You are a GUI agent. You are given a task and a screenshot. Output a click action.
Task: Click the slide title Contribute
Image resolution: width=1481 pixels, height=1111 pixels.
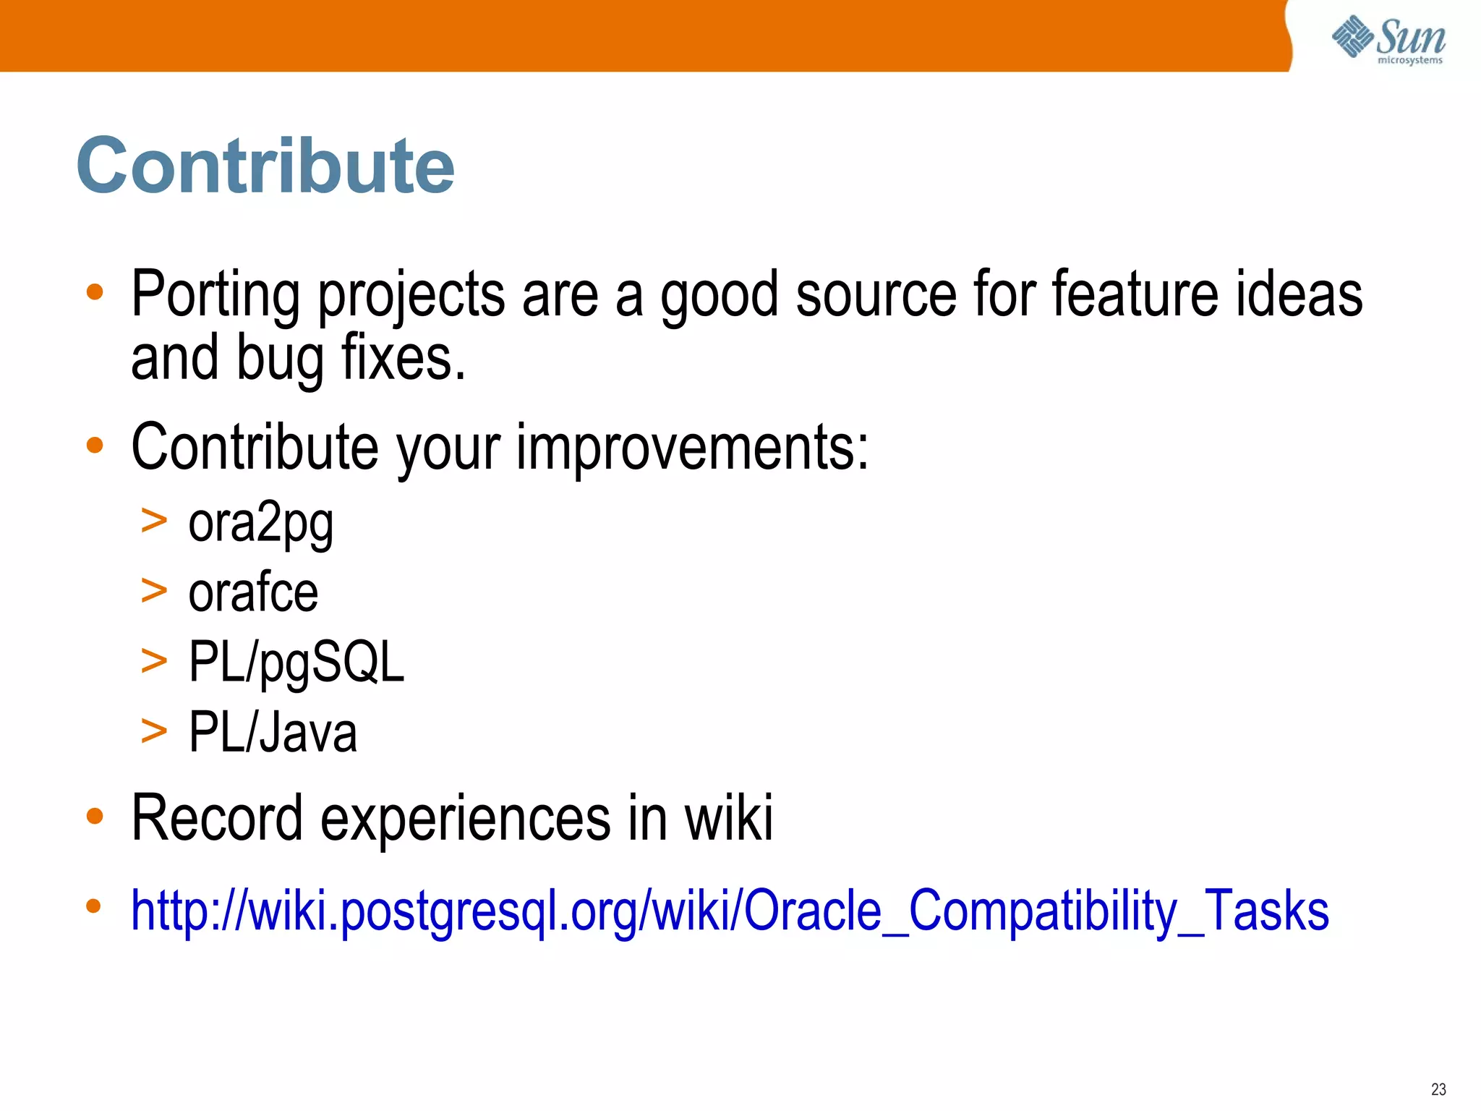click(265, 166)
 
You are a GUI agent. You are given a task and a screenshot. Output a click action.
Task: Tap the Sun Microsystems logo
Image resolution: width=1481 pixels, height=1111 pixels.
click(1388, 40)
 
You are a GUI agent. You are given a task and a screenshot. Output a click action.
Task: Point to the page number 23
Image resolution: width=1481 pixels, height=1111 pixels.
click(1438, 1089)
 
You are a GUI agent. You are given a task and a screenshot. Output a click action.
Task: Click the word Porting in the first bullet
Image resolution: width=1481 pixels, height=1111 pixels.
click(215, 295)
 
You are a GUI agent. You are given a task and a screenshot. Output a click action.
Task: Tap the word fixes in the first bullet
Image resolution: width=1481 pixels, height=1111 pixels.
click(403, 358)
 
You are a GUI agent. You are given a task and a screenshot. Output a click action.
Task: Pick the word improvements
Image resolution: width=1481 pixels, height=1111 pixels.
click(692, 447)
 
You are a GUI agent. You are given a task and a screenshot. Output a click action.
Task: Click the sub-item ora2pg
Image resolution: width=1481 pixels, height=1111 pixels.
click(260, 524)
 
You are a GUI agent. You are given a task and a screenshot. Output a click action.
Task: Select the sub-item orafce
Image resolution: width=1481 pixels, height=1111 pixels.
click(253, 592)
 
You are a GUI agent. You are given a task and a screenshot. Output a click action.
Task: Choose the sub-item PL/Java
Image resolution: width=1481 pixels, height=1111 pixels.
click(273, 732)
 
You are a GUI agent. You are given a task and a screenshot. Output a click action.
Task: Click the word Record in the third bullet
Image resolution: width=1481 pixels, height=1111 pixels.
click(217, 818)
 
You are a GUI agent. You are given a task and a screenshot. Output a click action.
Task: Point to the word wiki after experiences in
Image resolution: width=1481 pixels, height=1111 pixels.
click(729, 818)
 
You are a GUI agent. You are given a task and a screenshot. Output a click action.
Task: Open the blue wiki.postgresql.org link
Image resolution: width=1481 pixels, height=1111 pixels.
click(730, 911)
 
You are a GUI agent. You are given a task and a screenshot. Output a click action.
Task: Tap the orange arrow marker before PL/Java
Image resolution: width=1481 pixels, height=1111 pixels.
click(154, 731)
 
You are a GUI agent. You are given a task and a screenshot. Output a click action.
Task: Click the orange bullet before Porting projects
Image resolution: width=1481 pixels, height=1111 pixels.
click(95, 292)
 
